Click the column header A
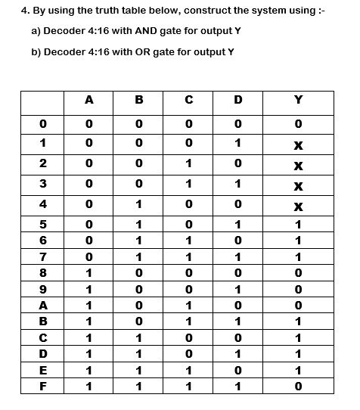click(89, 99)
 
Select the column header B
click(138, 99)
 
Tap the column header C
click(188, 99)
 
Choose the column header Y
click(298, 99)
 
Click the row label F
click(43, 385)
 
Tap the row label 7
click(43, 256)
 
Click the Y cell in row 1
click(298, 144)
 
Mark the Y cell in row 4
click(298, 204)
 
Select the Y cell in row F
click(298, 385)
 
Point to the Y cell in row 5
click(298, 225)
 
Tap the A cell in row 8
click(89, 272)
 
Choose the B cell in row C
click(138, 337)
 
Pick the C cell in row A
click(188, 305)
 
